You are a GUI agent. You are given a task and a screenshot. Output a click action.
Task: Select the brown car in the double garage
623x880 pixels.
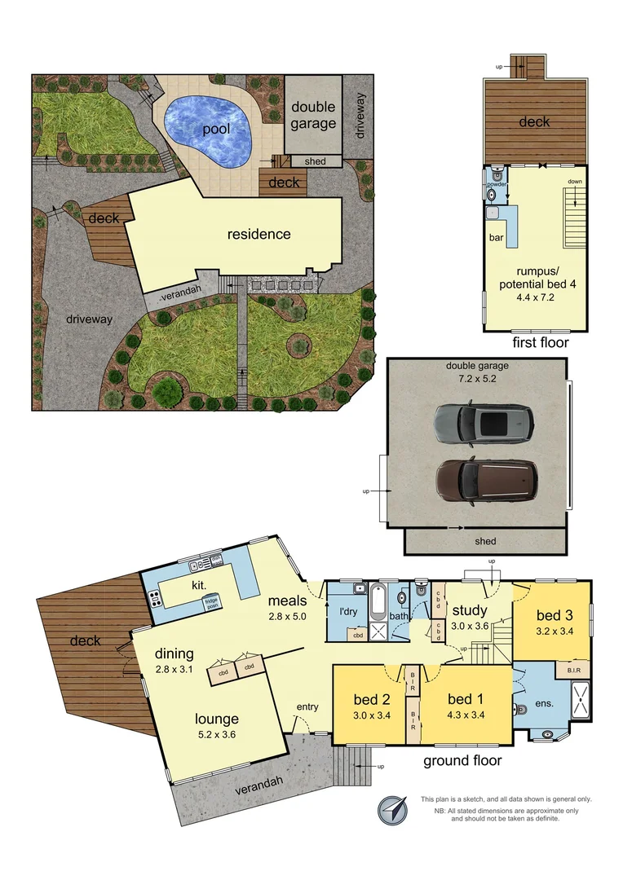486,477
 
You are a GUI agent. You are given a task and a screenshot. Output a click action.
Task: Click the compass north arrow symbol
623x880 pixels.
392,809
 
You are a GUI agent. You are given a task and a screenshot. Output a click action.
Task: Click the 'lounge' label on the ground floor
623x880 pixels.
216,719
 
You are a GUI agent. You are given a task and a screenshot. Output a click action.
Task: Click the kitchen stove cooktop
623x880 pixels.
153,599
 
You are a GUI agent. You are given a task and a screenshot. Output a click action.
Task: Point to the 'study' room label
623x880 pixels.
470,609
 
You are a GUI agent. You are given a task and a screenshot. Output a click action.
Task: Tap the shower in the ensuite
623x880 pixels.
581,699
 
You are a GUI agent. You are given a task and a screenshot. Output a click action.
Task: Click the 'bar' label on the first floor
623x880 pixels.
494,238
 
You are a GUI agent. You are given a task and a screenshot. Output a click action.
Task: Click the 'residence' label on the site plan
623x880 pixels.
258,234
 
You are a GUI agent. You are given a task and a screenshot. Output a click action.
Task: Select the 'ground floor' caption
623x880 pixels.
462,761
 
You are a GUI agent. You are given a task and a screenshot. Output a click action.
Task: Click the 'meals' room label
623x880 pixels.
288,601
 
